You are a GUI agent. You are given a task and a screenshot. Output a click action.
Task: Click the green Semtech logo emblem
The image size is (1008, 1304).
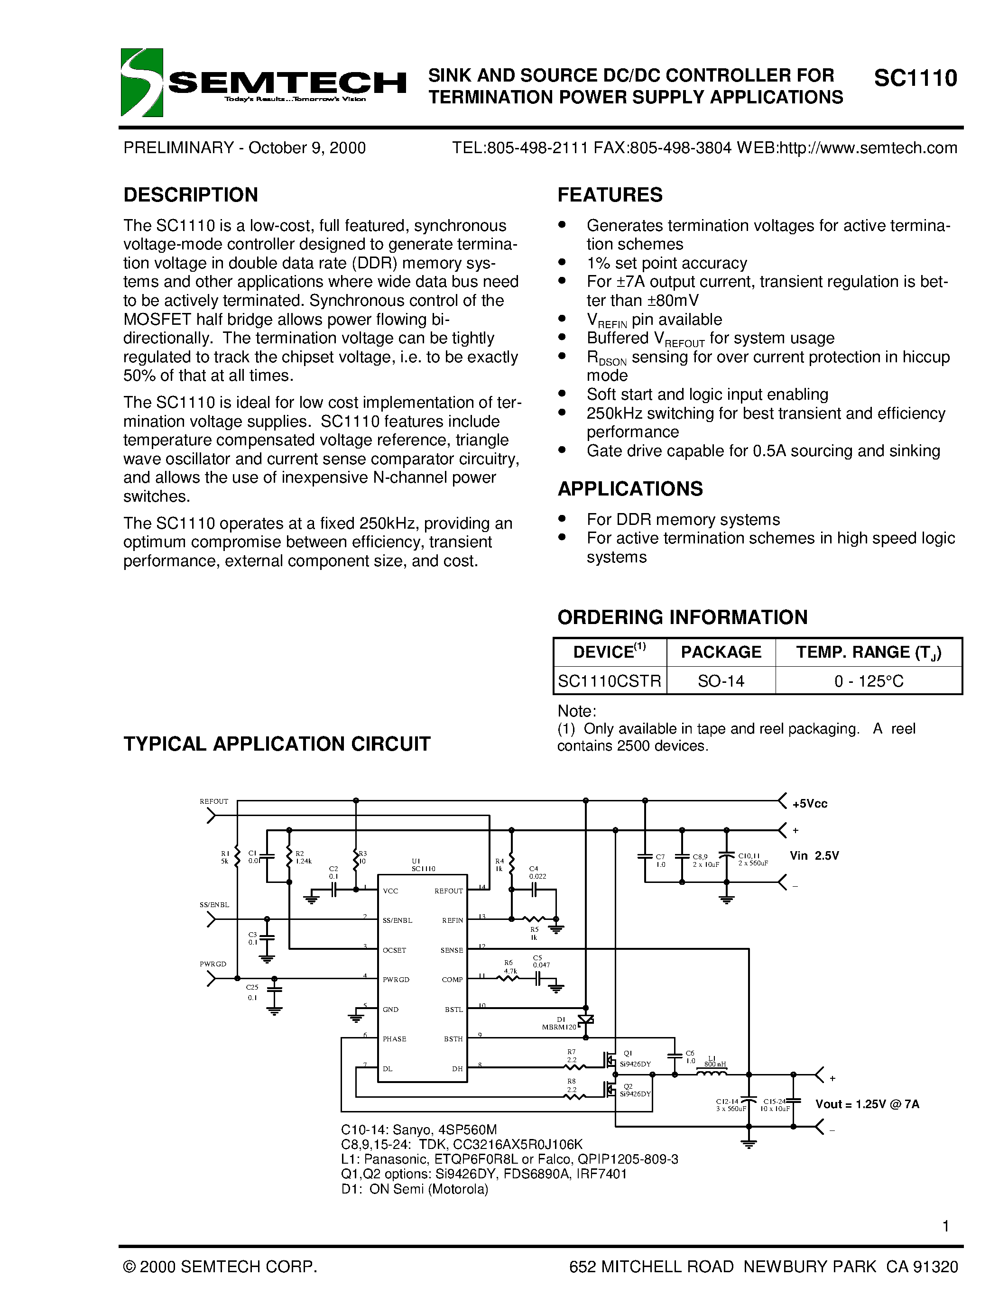coord(141,83)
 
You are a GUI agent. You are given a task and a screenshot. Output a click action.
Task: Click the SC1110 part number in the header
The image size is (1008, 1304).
coord(916,78)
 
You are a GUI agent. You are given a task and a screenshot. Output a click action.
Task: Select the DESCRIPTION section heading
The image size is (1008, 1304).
coord(191,194)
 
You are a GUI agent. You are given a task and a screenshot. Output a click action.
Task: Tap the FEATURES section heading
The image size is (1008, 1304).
coord(610,194)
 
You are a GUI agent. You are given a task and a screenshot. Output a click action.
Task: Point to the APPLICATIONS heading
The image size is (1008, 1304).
coord(630,488)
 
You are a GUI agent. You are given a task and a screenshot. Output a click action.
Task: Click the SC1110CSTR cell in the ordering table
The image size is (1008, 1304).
coord(609,680)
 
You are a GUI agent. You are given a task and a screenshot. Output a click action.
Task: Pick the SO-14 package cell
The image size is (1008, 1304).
coord(721,680)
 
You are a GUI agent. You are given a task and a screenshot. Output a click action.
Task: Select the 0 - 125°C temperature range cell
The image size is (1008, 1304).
coord(869,680)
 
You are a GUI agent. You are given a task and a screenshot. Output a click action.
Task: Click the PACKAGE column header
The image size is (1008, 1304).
coord(721,652)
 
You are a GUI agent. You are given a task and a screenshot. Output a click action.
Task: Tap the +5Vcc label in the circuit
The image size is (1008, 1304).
coord(810,804)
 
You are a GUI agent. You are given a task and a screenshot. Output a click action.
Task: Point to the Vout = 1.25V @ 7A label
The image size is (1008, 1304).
coord(867,1104)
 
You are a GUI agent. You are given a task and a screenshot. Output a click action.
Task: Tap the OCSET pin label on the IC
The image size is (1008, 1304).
coord(394,950)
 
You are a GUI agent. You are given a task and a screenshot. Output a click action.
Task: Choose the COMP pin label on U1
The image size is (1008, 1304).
coord(452,980)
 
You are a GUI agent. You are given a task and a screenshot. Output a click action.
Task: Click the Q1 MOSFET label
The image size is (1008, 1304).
coord(628,1053)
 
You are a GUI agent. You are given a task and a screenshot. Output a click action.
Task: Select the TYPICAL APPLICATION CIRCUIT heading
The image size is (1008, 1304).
coord(277,744)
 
